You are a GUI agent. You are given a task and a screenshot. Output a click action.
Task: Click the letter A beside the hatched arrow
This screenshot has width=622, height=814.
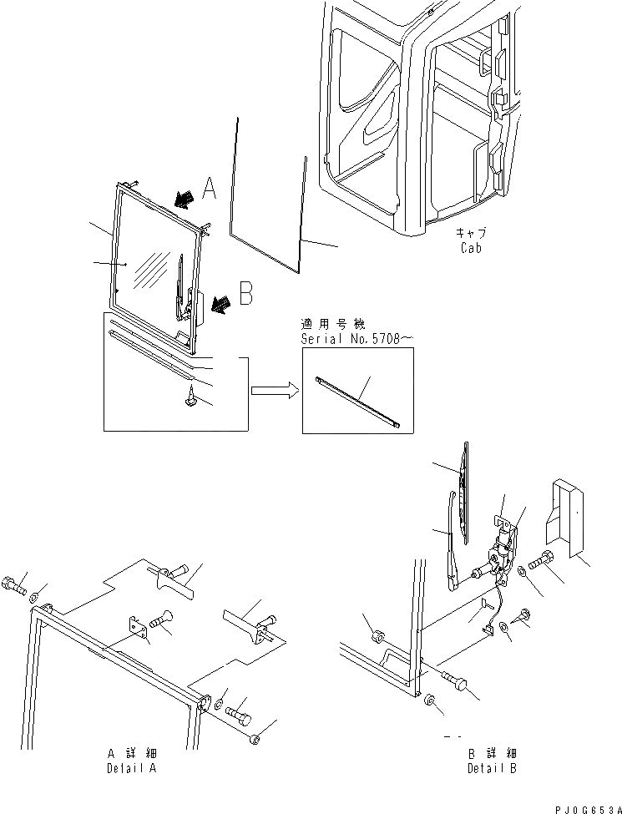click(209, 189)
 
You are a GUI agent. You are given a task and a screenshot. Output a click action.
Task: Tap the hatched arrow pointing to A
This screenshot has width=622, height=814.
click(184, 198)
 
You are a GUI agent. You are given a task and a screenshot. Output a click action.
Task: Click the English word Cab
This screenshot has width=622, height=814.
click(472, 248)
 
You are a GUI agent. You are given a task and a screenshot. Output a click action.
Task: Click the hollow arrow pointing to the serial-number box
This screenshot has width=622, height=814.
click(272, 388)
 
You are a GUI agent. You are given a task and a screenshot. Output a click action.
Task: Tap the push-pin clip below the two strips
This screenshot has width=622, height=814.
click(190, 401)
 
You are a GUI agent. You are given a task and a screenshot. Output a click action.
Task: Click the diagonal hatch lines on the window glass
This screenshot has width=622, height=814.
click(154, 270)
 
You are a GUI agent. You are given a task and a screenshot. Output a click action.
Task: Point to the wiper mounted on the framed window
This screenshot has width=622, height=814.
click(182, 287)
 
